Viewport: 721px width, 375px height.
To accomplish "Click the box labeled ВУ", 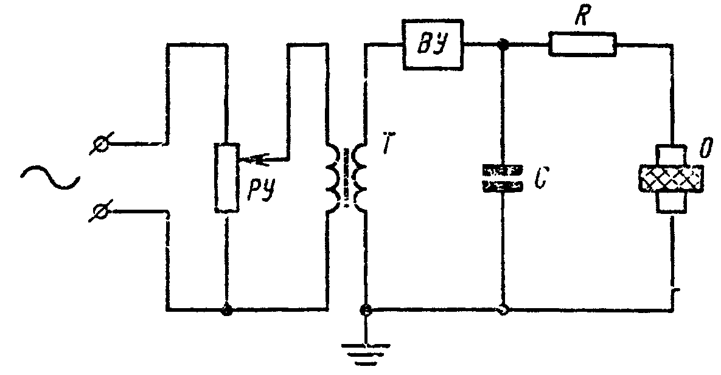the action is tap(433, 45).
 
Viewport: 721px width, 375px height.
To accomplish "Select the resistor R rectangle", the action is tap(583, 44).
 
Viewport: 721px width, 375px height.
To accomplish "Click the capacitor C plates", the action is tap(502, 178).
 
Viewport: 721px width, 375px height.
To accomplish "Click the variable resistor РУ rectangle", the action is tap(227, 178).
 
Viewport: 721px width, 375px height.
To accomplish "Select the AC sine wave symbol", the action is tap(50, 177).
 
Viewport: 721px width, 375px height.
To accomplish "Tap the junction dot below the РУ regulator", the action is tap(226, 311).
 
